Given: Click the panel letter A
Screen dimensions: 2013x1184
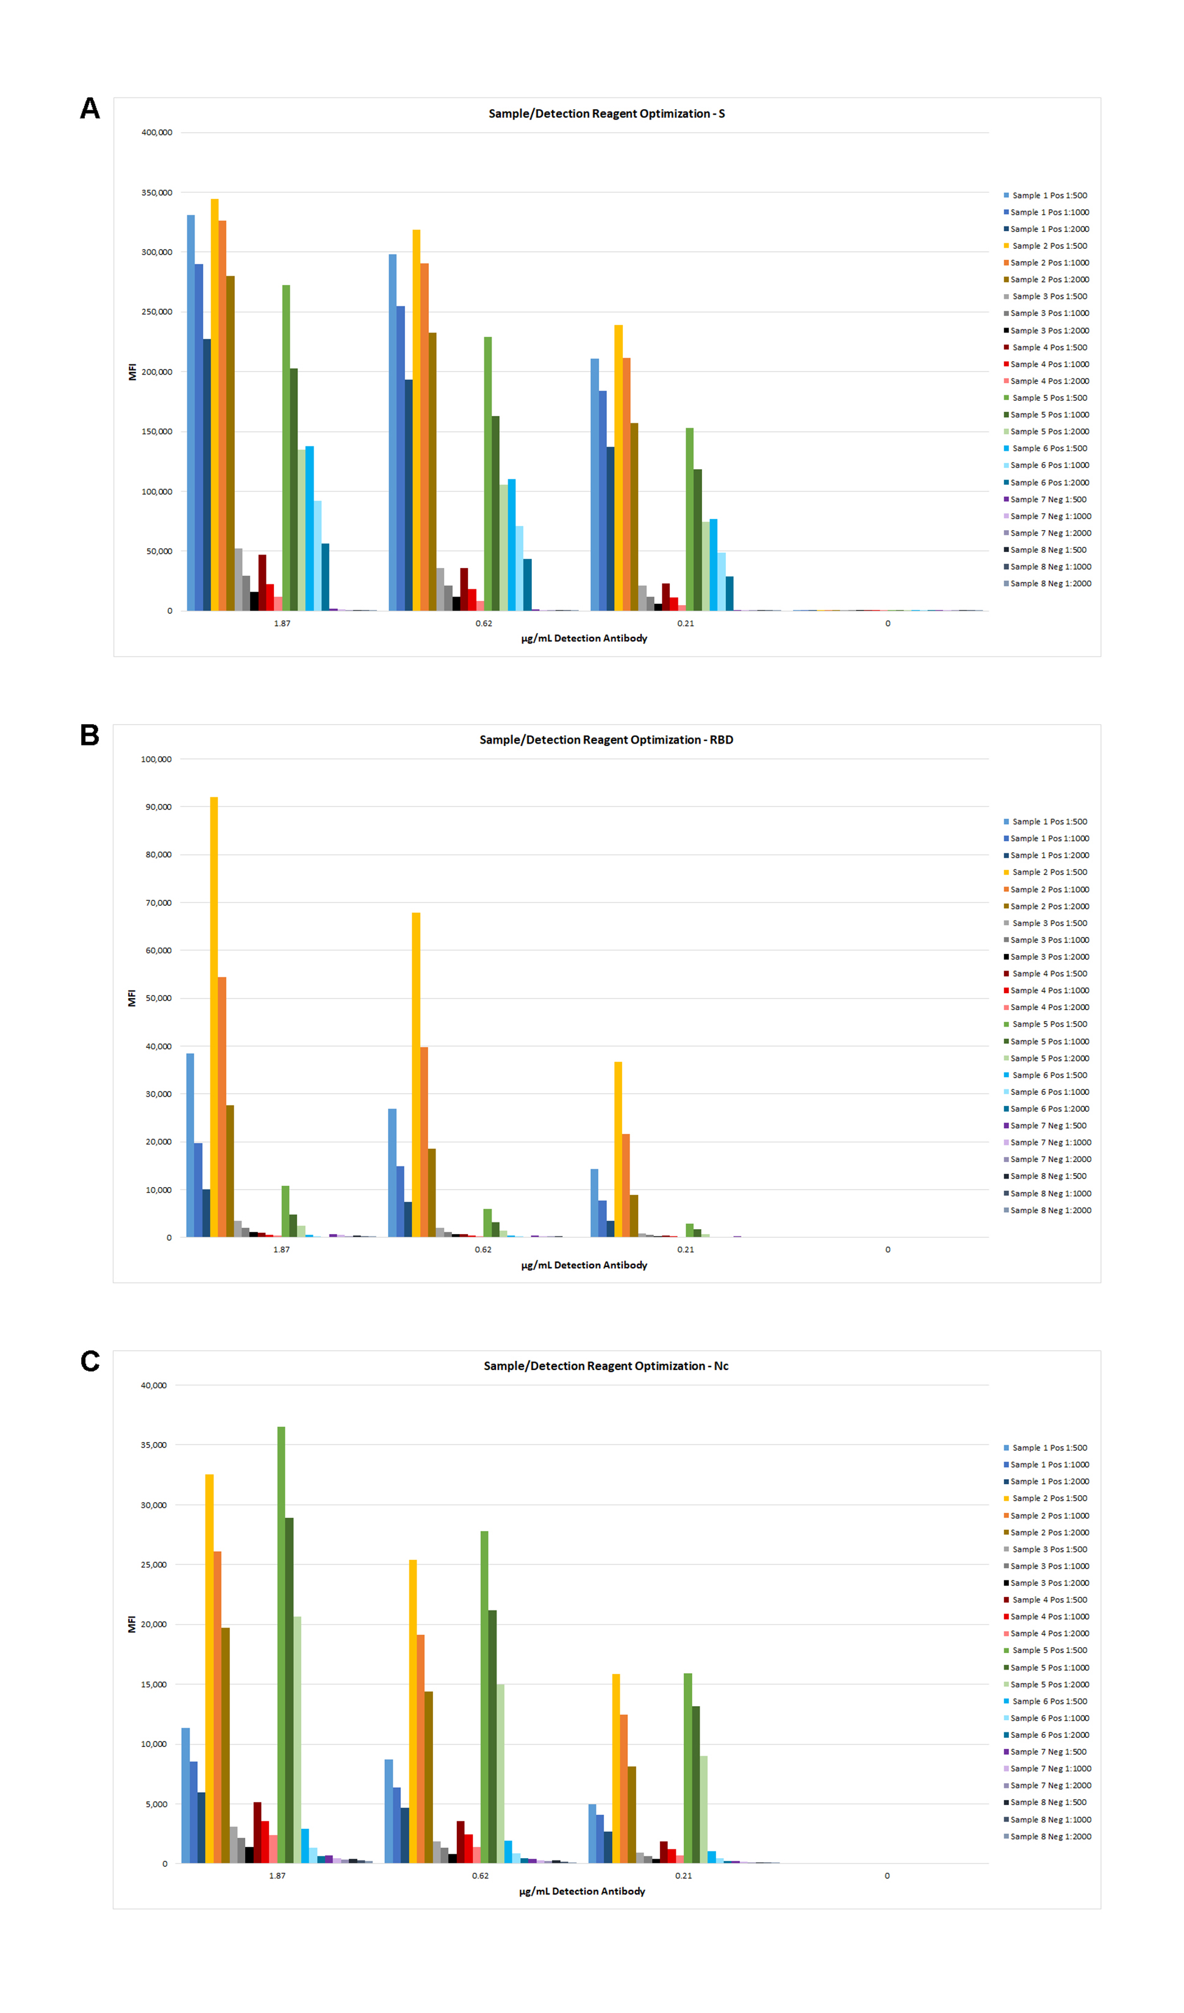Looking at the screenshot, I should click(90, 108).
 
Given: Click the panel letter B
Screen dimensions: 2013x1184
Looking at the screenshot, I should click(90, 735).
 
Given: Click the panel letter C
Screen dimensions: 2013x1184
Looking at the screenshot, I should click(90, 1361).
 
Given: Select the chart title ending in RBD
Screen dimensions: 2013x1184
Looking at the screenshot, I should click(606, 740).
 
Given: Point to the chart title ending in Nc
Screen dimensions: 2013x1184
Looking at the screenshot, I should click(606, 1366).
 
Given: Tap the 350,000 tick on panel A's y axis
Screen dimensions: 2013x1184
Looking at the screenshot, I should click(157, 193).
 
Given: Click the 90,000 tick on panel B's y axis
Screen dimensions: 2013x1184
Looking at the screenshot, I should click(158, 807).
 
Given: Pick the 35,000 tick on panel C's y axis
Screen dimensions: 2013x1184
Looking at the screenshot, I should click(154, 1445).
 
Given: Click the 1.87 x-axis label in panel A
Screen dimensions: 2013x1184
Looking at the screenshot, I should click(282, 623).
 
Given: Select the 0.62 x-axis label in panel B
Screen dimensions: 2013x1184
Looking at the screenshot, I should click(483, 1249).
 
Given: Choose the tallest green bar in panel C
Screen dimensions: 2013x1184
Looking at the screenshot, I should click(281, 1646).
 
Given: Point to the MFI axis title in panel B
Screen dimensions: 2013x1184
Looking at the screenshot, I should click(132, 998).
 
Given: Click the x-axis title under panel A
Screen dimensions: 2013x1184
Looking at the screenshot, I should click(584, 638).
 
